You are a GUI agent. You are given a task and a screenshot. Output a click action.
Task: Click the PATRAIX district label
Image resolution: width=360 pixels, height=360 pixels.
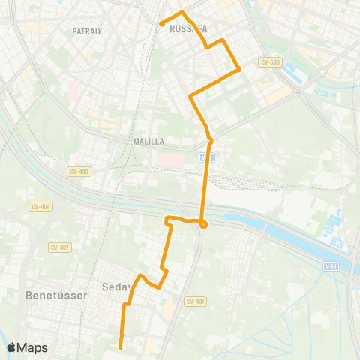coord(87,31)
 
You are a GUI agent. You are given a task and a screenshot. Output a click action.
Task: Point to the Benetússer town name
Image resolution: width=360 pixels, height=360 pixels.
coord(57,295)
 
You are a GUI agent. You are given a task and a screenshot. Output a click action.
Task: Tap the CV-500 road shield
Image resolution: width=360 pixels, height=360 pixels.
coord(270,62)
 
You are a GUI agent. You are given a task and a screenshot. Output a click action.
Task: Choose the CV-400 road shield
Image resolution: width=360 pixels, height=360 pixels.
coord(78,172)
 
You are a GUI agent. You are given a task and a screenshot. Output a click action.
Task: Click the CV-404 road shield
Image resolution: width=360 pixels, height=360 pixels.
coord(40,206)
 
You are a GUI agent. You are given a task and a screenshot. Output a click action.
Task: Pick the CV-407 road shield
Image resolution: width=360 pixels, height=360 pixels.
coord(59,247)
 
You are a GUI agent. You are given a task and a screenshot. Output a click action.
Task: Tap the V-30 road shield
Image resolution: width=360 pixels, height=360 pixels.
coord(333,265)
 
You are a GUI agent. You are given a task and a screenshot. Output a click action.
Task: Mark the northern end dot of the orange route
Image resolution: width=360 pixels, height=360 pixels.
coord(162,24)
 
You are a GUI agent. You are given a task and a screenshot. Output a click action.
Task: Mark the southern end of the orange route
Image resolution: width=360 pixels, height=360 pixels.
coord(121,346)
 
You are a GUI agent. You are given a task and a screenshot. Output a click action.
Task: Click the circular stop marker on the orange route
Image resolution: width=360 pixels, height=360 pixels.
coord(203,223)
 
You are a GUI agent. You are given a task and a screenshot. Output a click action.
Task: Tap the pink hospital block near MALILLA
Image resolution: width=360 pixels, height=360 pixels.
coord(169,160)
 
